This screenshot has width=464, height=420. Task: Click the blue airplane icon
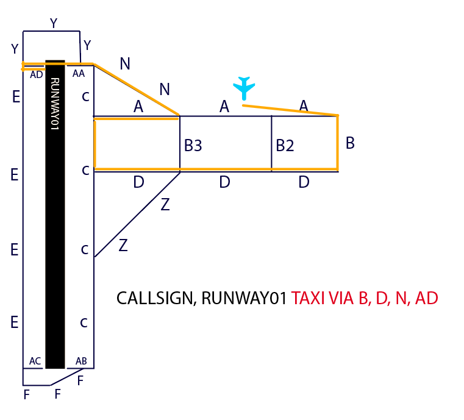pos(244,88)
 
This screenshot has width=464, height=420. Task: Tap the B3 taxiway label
pos(193,146)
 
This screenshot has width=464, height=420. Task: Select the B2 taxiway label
pos(285,146)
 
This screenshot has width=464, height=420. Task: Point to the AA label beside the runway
pos(79,73)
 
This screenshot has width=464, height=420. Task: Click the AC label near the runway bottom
pos(35,361)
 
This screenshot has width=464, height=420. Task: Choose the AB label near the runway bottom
pos(81,361)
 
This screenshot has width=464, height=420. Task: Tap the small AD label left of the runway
pos(37,74)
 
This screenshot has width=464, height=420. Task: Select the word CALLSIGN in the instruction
pos(155,299)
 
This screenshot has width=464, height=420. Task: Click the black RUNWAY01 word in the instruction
pos(244,299)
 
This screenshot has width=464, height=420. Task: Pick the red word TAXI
pos(308,299)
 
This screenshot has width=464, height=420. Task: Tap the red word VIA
pos(341,299)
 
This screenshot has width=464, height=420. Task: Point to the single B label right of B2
pos(350,143)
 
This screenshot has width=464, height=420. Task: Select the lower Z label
pos(123,246)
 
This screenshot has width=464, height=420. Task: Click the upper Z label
pos(165,205)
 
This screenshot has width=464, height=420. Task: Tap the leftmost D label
pos(138,182)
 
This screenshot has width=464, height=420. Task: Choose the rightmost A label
pos(304,105)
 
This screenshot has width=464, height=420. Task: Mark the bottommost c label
pos(85,322)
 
